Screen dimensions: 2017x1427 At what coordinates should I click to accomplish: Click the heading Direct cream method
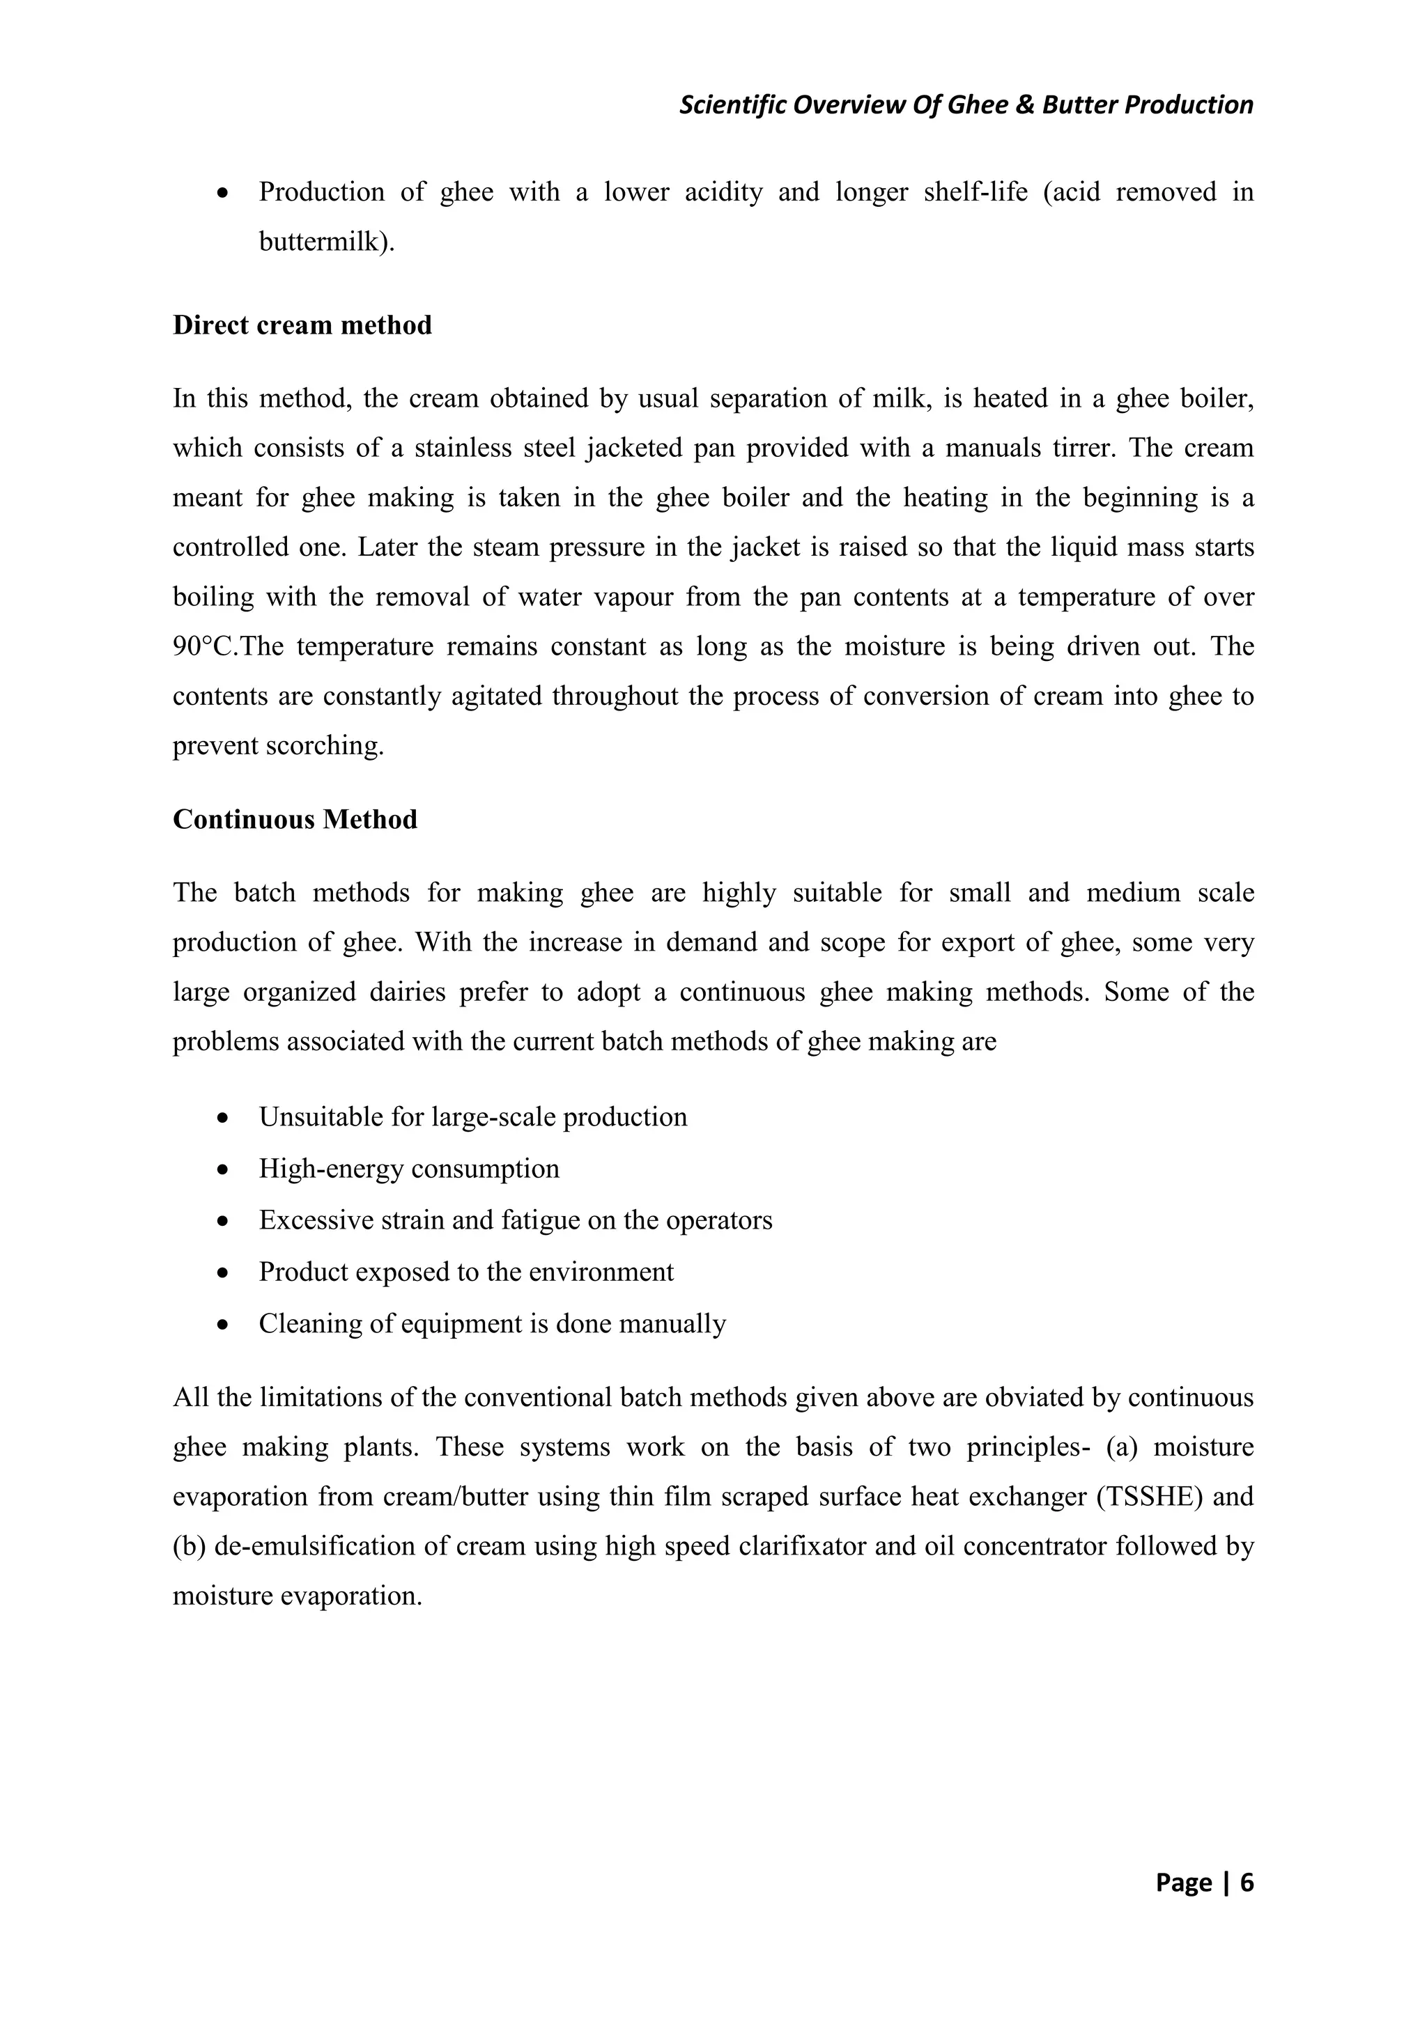coord(302,326)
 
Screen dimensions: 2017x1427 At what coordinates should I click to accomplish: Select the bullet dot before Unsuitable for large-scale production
coord(225,1119)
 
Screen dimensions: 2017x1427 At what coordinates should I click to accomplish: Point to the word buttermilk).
coord(327,242)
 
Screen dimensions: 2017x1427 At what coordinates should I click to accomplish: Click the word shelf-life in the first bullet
coord(975,192)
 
